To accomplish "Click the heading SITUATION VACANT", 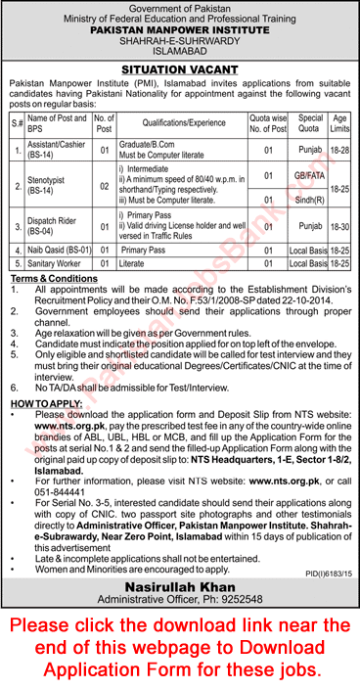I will point(179,69).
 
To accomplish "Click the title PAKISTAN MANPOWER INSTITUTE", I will point(180,29).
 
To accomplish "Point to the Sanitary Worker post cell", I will point(52,263).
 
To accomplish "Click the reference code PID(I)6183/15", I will point(327,545).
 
